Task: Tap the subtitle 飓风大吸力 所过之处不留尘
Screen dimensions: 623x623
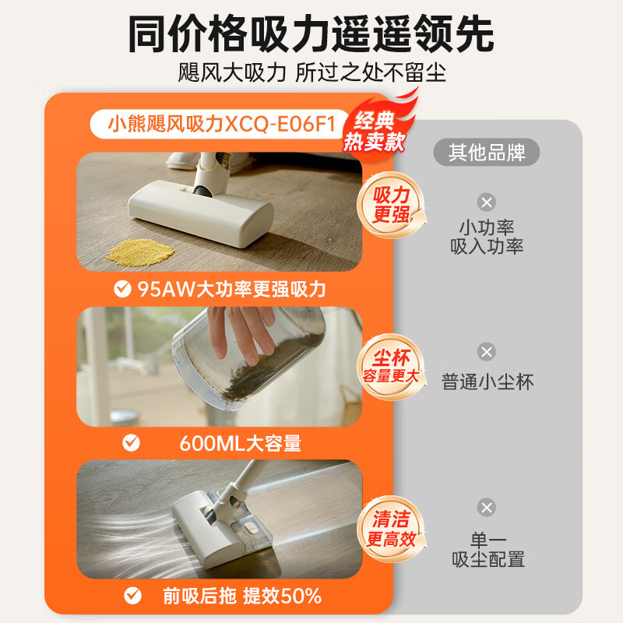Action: [311, 73]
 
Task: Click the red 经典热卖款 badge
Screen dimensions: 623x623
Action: [375, 130]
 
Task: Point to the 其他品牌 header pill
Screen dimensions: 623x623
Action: [487, 152]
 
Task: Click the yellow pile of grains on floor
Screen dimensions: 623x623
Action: [140, 250]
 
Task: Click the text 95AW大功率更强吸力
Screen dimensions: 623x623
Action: [231, 290]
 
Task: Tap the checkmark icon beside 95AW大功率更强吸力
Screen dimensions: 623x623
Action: [122, 290]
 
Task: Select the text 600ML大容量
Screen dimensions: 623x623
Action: [240, 443]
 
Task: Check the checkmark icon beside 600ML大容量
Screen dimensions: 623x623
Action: [132, 443]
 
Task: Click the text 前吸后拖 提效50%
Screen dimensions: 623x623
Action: [242, 597]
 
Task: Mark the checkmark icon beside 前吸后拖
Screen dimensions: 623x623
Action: [132, 597]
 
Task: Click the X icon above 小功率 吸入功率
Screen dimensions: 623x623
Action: [487, 202]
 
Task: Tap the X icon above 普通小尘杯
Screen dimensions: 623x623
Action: [487, 352]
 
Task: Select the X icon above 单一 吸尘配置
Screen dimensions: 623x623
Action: [487, 508]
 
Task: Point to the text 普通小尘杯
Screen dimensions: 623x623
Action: [487, 382]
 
